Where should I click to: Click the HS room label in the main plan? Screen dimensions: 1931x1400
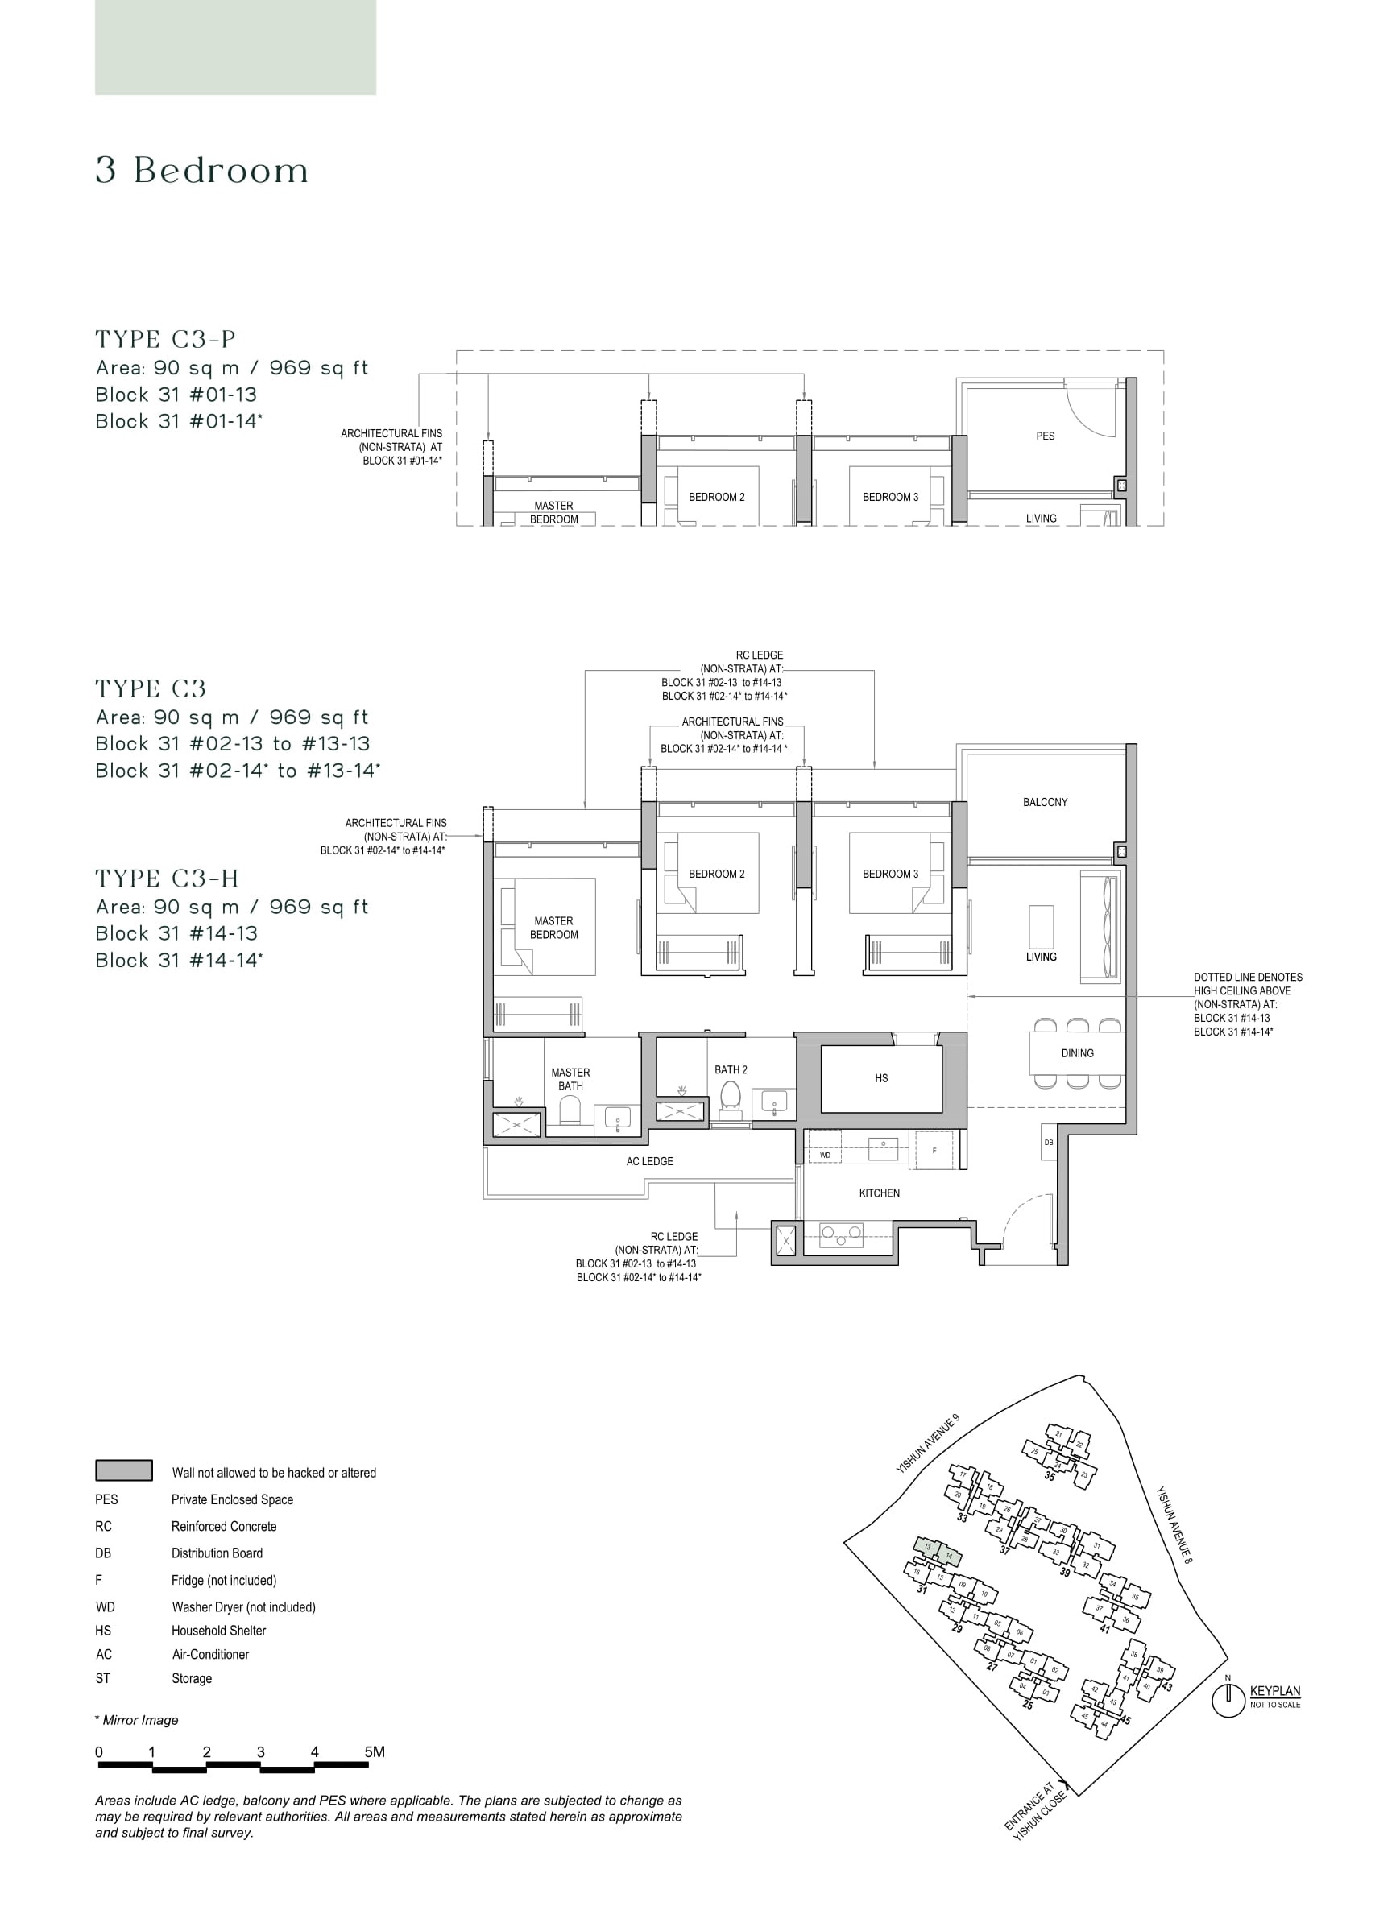coord(880,1078)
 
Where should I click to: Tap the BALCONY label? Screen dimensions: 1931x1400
coord(1044,802)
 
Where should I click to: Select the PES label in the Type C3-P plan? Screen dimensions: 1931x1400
coord(1045,436)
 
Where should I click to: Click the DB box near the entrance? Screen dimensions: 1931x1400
coord(1048,1142)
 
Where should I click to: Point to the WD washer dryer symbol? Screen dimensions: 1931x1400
coord(824,1156)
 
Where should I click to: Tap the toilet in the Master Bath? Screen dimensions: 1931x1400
coord(570,1110)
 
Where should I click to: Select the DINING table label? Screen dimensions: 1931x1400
coord(1076,1053)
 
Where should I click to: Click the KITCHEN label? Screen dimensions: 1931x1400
coord(879,1193)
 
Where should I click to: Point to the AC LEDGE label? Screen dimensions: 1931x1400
coord(649,1161)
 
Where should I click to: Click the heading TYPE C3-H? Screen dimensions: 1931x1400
coord(167,879)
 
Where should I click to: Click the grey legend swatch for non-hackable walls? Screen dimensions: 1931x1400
coord(124,1470)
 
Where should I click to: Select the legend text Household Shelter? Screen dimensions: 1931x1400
coord(219,1631)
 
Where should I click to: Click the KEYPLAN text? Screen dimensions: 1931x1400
coord(1274,1691)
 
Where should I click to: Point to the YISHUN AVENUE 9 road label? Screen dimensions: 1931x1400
coord(927,1444)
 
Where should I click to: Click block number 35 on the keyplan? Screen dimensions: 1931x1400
coord(1049,1476)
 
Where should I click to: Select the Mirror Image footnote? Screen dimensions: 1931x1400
coord(137,1720)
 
